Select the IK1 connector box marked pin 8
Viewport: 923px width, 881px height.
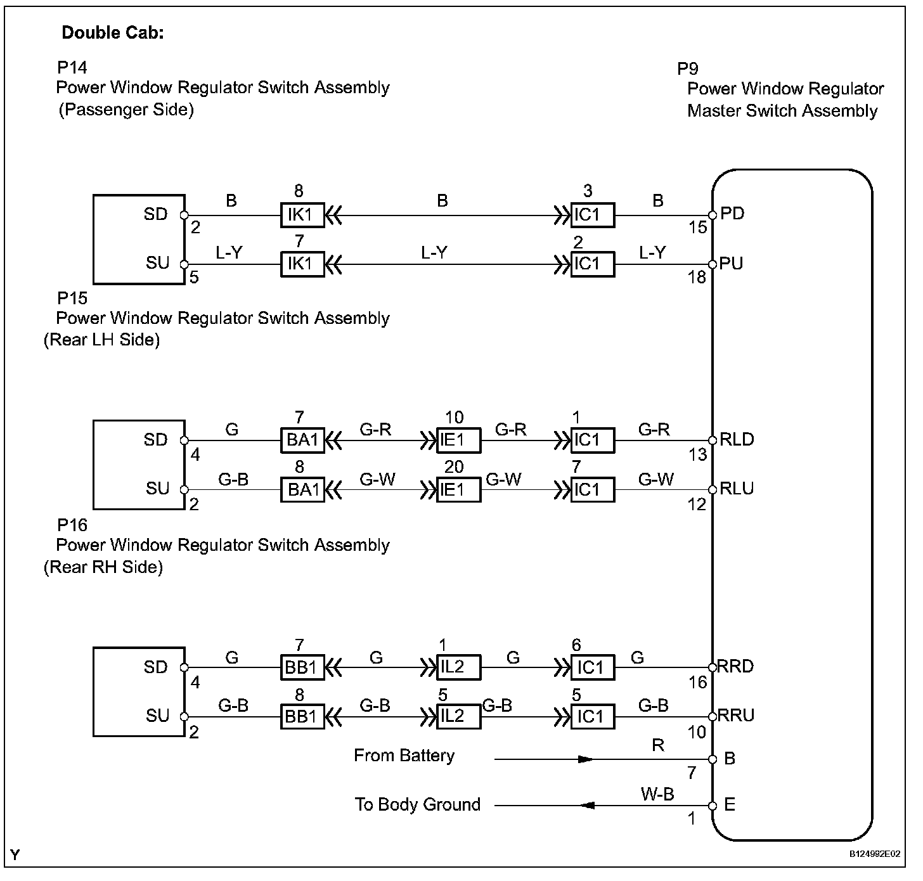[302, 215]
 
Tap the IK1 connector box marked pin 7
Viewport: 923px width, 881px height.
[302, 264]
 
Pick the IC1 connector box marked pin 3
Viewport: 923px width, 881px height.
[592, 215]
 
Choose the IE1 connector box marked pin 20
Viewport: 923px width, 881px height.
[458, 490]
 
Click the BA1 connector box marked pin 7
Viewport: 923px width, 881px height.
[302, 440]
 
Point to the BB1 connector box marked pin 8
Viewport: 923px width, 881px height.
[302, 717]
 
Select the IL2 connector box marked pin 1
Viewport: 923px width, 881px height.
[458, 667]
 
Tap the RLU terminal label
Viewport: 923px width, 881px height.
[737, 489]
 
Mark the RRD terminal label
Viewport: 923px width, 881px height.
[735, 666]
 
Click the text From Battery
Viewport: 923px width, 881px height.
[404, 756]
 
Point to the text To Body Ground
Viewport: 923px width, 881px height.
[418, 804]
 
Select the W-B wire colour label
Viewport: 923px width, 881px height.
[657, 794]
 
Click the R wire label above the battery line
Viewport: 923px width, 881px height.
[657, 745]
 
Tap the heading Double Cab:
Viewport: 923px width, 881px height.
[113, 33]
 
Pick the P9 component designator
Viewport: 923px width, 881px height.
[688, 68]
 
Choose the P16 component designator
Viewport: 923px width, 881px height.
[72, 525]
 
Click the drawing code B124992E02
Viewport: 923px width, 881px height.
[875, 854]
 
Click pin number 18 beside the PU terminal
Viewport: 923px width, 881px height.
[697, 277]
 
